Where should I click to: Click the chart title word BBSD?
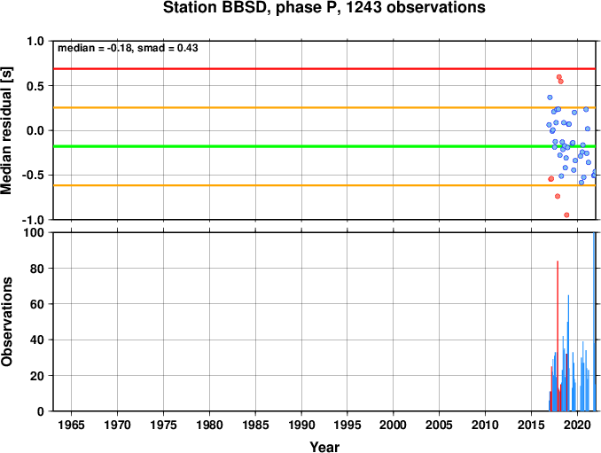[244, 7]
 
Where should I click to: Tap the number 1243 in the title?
[364, 7]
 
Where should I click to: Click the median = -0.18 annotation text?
[95, 48]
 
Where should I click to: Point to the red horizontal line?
[324, 68]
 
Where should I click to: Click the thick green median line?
[324, 146]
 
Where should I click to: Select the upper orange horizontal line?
[324, 107]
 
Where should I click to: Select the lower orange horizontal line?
[324, 185]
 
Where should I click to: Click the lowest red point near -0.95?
[566, 215]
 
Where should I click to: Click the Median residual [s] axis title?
[6, 130]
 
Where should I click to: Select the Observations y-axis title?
[6, 322]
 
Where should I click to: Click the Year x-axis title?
[324, 447]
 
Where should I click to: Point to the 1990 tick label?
[301, 425]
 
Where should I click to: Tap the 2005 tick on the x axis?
[440, 425]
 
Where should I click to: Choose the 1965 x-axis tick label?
[72, 425]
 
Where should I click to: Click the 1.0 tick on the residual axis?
[35, 41]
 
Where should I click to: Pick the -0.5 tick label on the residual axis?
[33, 176]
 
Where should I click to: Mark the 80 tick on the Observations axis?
[37, 269]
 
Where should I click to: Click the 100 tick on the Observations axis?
[34, 232]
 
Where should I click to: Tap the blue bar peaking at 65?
[568, 353]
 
